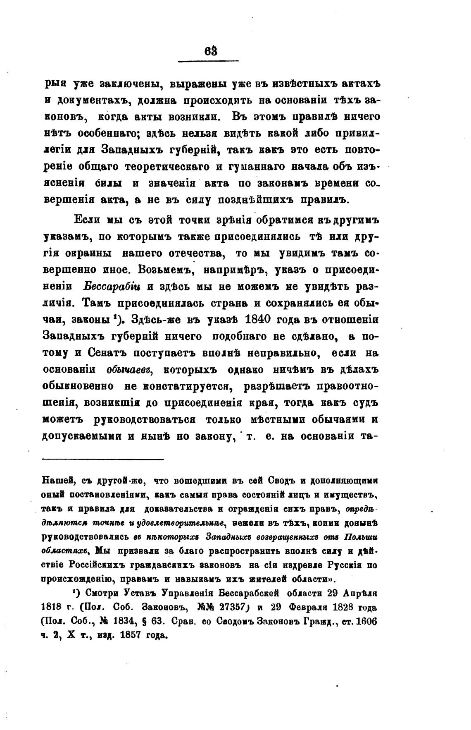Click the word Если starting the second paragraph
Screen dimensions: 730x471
tap(89, 220)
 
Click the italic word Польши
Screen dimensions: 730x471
tap(361, 537)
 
